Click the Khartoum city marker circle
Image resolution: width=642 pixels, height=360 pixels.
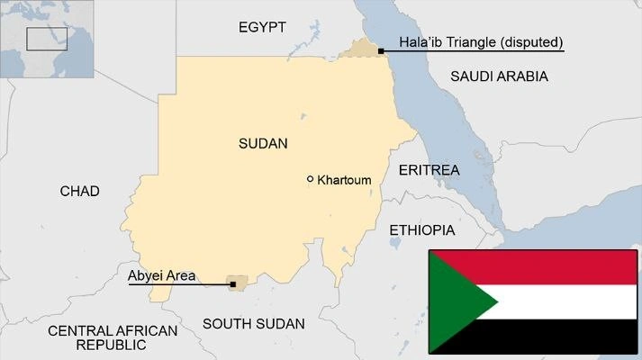pos(311,179)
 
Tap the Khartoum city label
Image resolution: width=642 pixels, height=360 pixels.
pos(345,180)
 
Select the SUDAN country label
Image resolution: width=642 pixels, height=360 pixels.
pos(263,143)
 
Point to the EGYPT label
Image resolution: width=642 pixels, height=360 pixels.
pos(262,28)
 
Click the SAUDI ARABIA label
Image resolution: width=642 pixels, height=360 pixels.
pos(499,76)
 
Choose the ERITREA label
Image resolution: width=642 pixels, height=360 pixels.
pos(429,170)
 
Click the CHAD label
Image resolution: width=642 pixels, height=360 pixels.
pos(79,191)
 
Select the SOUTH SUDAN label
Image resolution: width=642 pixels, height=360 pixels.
pos(254,323)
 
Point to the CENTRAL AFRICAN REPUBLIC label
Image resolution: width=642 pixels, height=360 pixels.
pos(112,337)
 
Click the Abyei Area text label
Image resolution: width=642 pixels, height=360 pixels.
pos(162,276)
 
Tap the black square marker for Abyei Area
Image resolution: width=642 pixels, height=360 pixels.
pos(233,284)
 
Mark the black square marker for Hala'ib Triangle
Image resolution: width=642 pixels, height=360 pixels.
pos(382,51)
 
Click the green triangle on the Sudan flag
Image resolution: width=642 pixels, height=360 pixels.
pos(455,301)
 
